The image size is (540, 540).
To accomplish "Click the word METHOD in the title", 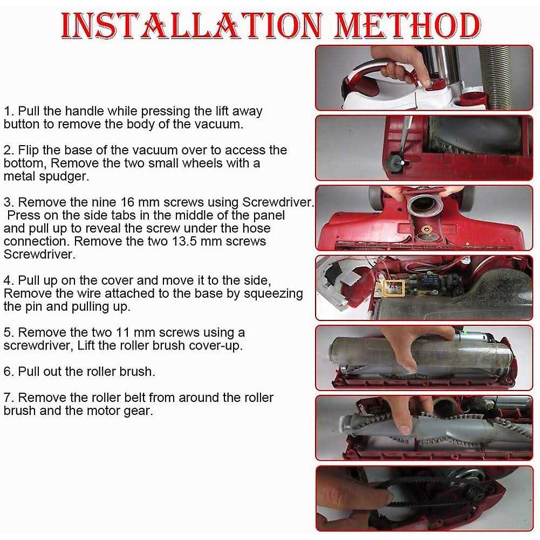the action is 407,25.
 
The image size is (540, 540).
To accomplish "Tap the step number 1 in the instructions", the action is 8,111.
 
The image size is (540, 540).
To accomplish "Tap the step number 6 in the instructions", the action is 8,372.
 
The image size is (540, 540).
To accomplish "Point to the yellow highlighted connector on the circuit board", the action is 394,287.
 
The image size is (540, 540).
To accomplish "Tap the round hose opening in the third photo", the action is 425,207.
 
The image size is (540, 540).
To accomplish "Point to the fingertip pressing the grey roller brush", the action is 405,429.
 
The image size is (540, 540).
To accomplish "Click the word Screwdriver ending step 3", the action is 39,255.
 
